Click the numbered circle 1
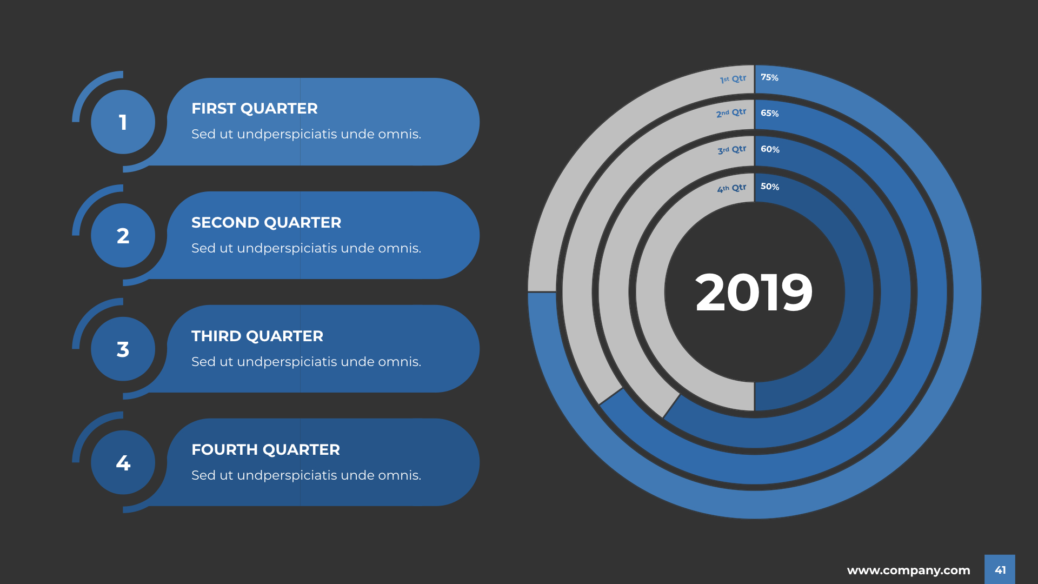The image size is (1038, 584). [x=123, y=122]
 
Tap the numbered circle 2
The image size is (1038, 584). [x=123, y=236]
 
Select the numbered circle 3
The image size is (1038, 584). [x=123, y=349]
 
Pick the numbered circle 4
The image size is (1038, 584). [x=123, y=463]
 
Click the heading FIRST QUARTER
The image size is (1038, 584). [x=255, y=109]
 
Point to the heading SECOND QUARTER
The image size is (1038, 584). [x=267, y=223]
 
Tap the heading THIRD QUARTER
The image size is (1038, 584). [x=257, y=336]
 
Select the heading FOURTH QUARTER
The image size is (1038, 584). [x=266, y=450]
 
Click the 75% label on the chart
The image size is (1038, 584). [x=769, y=77]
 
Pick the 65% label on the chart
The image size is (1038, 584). [x=769, y=113]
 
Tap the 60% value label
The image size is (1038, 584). [x=770, y=149]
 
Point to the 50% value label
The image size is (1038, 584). [x=770, y=187]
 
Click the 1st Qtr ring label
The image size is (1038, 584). [x=733, y=79]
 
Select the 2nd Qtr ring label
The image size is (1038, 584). [x=731, y=113]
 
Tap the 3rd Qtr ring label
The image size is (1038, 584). [x=731, y=150]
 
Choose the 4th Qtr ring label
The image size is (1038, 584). [x=731, y=188]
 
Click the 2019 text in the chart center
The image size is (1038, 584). [x=754, y=293]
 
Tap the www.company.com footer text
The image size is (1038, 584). [x=909, y=570]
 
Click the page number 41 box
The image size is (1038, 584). [x=1000, y=569]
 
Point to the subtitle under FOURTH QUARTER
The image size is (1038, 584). [x=306, y=475]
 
